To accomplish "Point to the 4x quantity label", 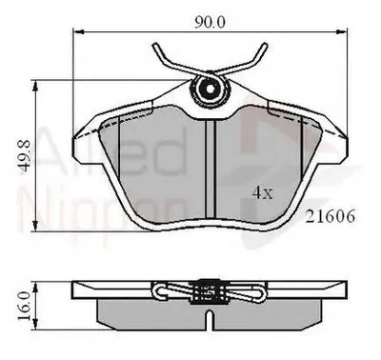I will coord(261,191).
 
